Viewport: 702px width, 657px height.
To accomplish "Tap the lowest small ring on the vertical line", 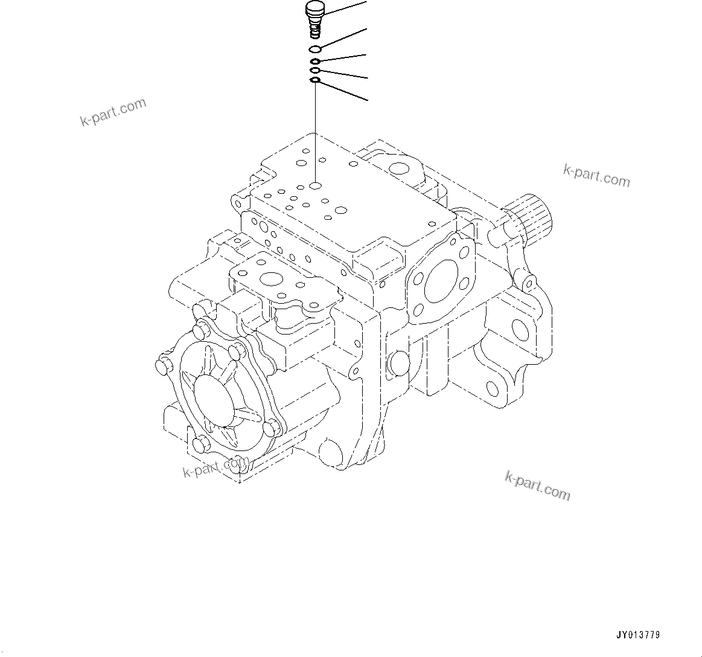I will tap(315, 80).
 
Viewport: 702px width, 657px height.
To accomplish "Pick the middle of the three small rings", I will tap(315, 71).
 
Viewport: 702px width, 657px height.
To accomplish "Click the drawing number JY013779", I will tap(638, 635).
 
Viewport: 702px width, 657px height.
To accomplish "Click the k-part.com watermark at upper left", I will tap(113, 112).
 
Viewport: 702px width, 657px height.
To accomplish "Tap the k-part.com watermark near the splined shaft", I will tap(596, 175).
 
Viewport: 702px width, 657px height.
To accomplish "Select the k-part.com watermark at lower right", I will tap(537, 486).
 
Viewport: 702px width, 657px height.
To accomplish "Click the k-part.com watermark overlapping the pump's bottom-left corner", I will tap(215, 466).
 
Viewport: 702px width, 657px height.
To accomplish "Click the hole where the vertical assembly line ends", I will tap(316, 185).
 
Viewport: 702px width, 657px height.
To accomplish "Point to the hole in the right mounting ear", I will tap(520, 328).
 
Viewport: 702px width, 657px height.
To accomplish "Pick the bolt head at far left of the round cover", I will tap(162, 367).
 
